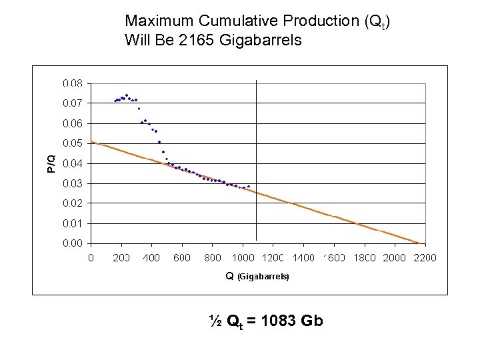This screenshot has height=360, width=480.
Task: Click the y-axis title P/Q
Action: [51, 163]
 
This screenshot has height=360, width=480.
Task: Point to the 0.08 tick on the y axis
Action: [73, 84]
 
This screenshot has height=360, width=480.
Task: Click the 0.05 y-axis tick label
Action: [73, 143]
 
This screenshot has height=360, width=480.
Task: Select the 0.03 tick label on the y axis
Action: [73, 183]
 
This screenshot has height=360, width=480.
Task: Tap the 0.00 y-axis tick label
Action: [73, 243]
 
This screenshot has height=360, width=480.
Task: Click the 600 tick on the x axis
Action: [182, 257]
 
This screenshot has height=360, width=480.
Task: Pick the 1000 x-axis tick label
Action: [243, 257]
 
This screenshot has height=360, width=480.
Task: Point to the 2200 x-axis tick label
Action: [424, 257]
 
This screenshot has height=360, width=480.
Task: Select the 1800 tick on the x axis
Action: [363, 257]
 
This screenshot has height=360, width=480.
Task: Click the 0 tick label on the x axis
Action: [91, 257]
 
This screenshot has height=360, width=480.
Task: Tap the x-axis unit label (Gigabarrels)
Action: [263, 276]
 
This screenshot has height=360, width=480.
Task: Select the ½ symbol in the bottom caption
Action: [215, 321]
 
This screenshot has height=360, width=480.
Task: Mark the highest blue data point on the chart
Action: [127, 95]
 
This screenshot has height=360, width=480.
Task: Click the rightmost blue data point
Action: [249, 186]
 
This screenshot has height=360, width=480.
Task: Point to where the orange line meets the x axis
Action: [420, 243]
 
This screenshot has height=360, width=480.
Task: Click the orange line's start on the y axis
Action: [92, 142]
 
